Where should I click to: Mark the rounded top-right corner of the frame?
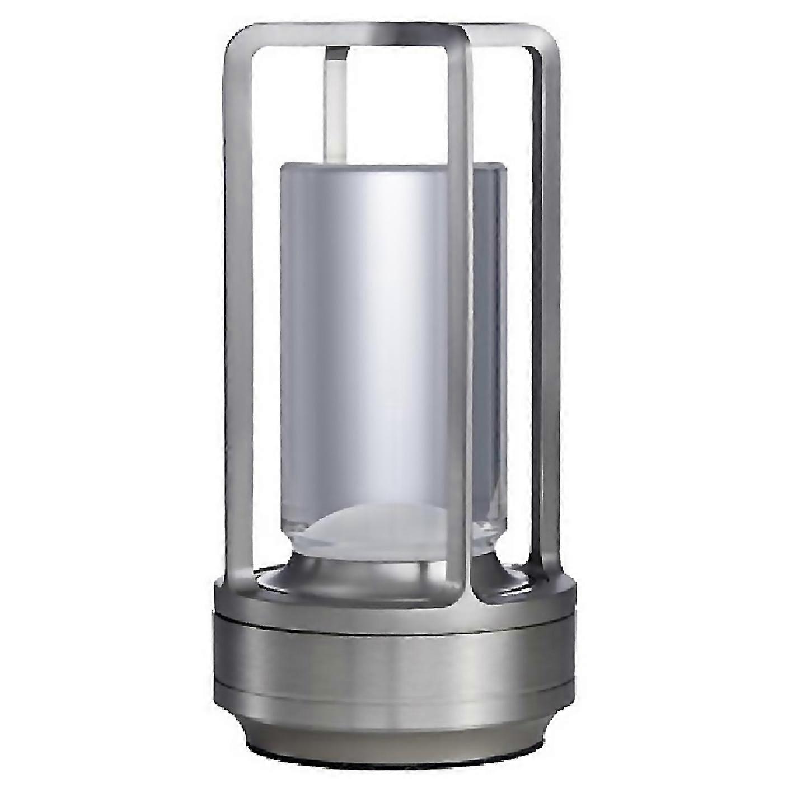click(546, 42)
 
